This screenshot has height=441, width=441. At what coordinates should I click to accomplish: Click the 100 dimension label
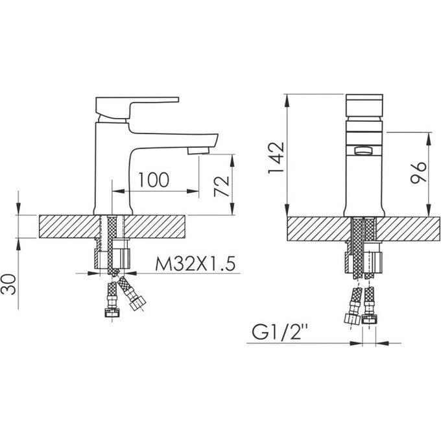tap(154, 180)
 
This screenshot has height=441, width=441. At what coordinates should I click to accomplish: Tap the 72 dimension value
tap(222, 186)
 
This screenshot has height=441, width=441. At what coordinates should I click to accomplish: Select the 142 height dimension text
tap(276, 158)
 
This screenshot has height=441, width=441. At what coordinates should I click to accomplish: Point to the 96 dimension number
tap(418, 173)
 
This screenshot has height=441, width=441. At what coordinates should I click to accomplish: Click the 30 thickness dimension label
tap(8, 284)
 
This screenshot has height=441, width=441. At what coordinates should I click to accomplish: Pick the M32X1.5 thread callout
tap(195, 264)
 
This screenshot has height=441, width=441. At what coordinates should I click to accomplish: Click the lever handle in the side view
tap(132, 108)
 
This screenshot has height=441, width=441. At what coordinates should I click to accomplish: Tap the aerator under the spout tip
tap(198, 150)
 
